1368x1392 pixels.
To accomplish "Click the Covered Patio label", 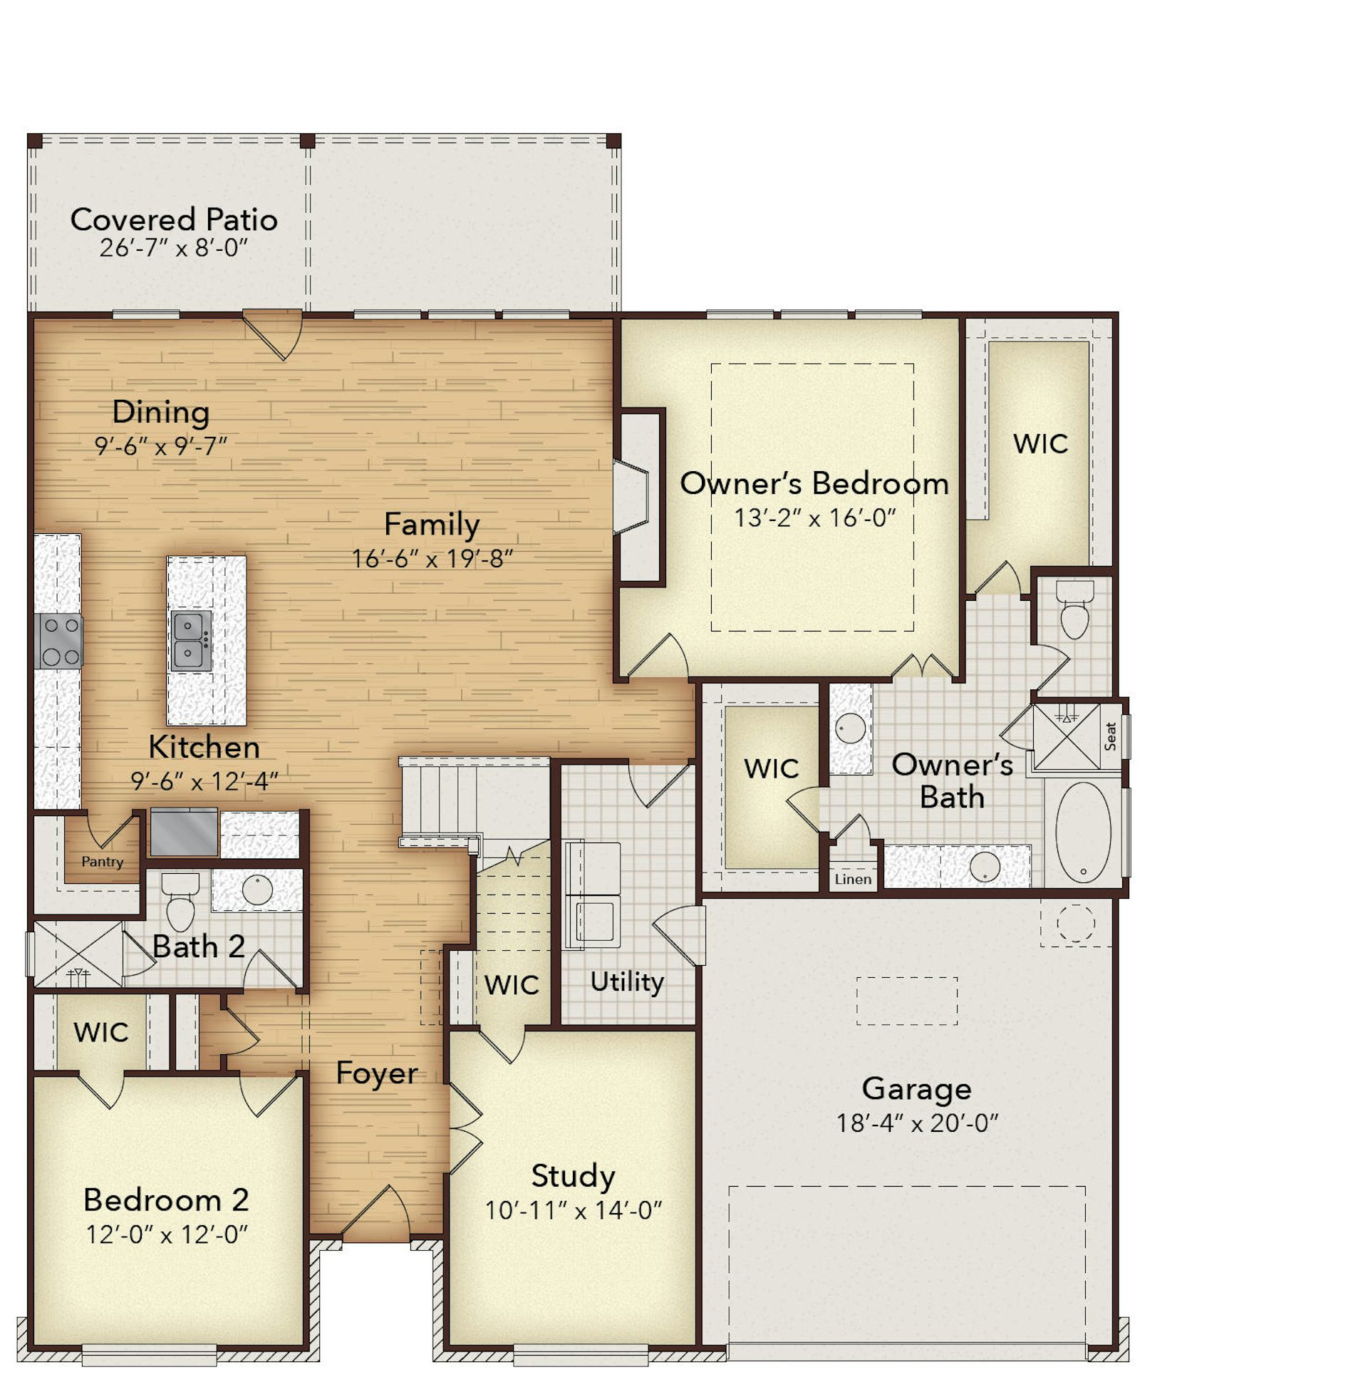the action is click(x=174, y=220).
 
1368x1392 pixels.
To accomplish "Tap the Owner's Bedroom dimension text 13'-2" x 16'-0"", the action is click(x=815, y=517).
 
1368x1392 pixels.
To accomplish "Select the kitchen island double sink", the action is click(x=191, y=640).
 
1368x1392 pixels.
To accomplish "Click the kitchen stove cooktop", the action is click(x=59, y=639).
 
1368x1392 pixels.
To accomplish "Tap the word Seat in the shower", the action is click(x=1111, y=736).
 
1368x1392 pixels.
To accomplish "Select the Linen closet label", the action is click(x=853, y=879).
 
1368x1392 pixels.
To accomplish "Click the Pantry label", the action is click(x=102, y=861).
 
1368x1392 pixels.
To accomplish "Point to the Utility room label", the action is click(x=626, y=981).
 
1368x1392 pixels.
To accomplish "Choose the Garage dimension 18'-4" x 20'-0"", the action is click(x=917, y=1123).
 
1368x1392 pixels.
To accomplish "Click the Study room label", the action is click(x=573, y=1177).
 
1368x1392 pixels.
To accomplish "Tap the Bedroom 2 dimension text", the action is click(x=167, y=1234).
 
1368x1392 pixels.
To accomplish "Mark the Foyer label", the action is click(x=376, y=1073).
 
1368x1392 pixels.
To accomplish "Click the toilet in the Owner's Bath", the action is click(x=1075, y=610).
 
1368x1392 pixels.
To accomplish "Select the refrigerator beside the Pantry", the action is click(x=183, y=832).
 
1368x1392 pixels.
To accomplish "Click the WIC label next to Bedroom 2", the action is click(x=100, y=1032).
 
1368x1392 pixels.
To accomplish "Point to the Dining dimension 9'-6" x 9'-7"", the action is click(x=161, y=446).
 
